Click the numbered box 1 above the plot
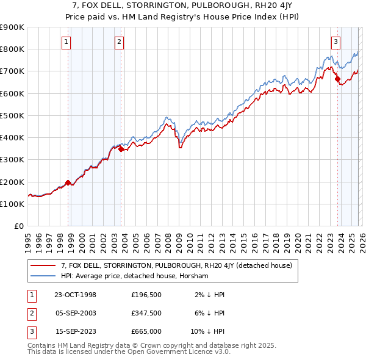pyautogui.click(x=65, y=42)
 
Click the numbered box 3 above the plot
pyautogui.click(x=335, y=42)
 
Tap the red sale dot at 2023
pyautogui.click(x=337, y=79)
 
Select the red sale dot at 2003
pyautogui.click(x=121, y=149)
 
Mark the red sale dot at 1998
pyautogui.click(x=68, y=182)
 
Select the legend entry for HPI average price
pyautogui.click(x=134, y=276)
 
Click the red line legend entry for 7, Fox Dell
pyautogui.click(x=176, y=265)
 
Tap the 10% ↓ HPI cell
pyautogui.click(x=207, y=331)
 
